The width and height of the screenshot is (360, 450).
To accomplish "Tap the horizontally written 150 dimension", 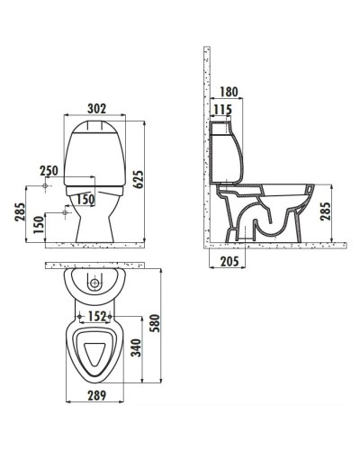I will coord(85,199).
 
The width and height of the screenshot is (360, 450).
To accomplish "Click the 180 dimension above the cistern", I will coord(228,91).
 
